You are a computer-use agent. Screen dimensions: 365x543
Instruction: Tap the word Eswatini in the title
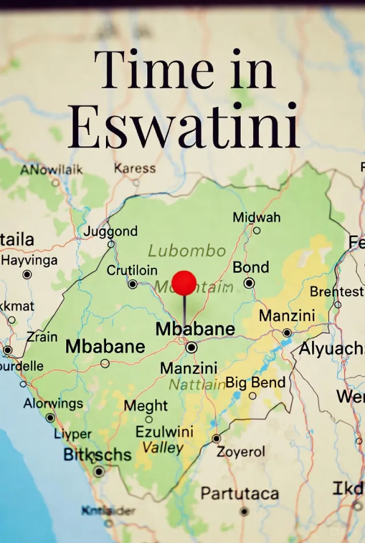tap(184, 126)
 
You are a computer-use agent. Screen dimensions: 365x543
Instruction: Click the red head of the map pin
tap(184, 283)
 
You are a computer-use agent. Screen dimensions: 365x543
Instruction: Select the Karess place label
tap(135, 168)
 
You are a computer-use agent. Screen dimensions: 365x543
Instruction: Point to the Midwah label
tap(257, 217)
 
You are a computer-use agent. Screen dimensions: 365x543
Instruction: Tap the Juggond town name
tap(111, 231)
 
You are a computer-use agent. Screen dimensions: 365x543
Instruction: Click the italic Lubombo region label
tap(187, 251)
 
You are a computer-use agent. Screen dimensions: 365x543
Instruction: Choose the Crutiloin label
tap(132, 270)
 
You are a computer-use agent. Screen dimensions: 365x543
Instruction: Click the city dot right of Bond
tap(249, 283)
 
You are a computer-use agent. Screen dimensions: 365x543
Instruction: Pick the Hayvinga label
tap(30, 260)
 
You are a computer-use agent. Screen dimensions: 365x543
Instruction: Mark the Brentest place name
tap(336, 292)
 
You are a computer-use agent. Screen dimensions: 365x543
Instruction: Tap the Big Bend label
tap(255, 382)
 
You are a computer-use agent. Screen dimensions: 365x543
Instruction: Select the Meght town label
tap(146, 406)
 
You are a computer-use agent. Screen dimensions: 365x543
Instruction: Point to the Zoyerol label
tap(241, 452)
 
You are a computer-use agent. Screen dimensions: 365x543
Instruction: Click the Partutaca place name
tap(240, 493)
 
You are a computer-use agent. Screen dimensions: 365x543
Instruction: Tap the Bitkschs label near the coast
tap(98, 455)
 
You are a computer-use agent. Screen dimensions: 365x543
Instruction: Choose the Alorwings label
tap(53, 403)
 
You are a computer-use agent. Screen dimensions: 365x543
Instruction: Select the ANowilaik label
tap(51, 170)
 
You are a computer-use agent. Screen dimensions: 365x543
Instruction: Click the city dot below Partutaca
tap(244, 511)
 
